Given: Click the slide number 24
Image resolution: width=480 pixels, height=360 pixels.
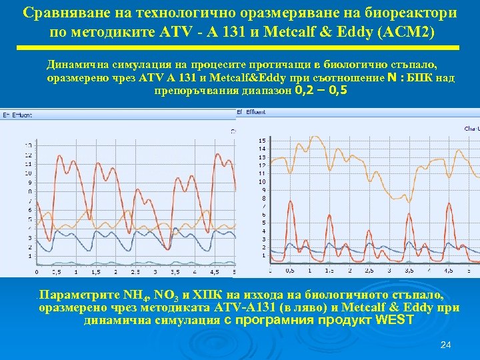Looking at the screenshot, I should [x=446, y=345].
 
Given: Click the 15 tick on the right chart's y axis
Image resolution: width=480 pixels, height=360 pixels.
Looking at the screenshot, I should [x=262, y=140].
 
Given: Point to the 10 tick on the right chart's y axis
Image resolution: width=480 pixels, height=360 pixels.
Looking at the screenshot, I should [x=262, y=181].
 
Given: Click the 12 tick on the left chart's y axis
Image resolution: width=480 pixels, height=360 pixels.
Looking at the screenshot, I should [x=27, y=155].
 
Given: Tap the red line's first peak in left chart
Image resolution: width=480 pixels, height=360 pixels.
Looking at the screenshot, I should [x=62, y=158].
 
